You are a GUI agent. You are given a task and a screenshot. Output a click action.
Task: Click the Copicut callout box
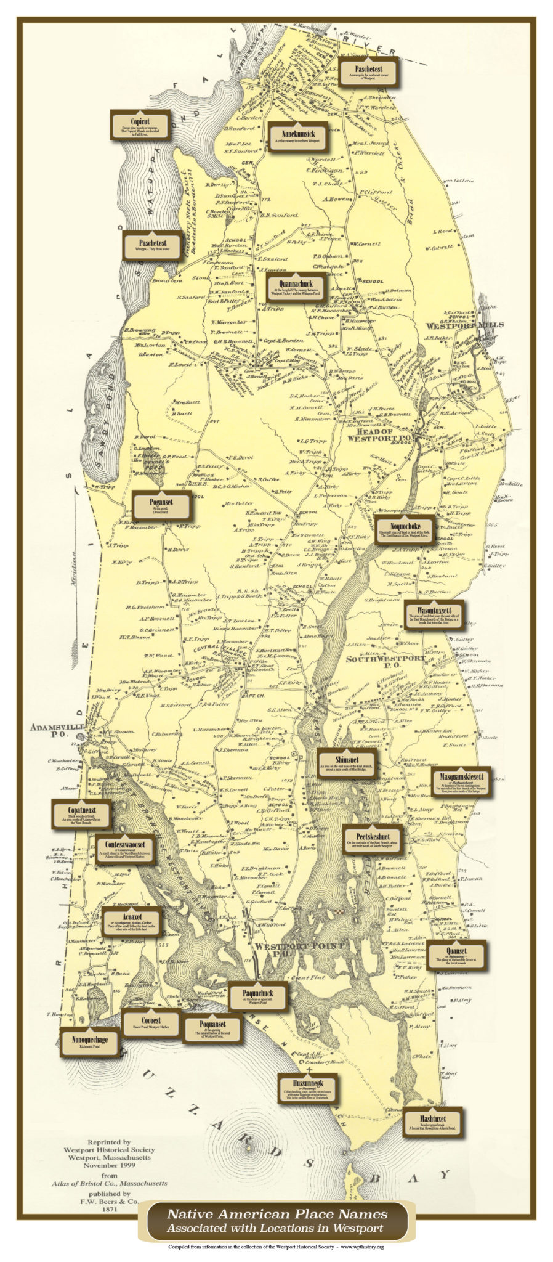coord(139,125)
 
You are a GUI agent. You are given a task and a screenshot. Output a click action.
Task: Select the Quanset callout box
coord(457,956)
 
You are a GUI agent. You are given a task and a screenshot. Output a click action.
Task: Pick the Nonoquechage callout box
coord(90,1043)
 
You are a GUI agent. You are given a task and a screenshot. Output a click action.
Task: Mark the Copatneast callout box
coord(82,814)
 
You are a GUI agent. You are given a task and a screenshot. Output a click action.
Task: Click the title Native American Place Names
coord(276,1215)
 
